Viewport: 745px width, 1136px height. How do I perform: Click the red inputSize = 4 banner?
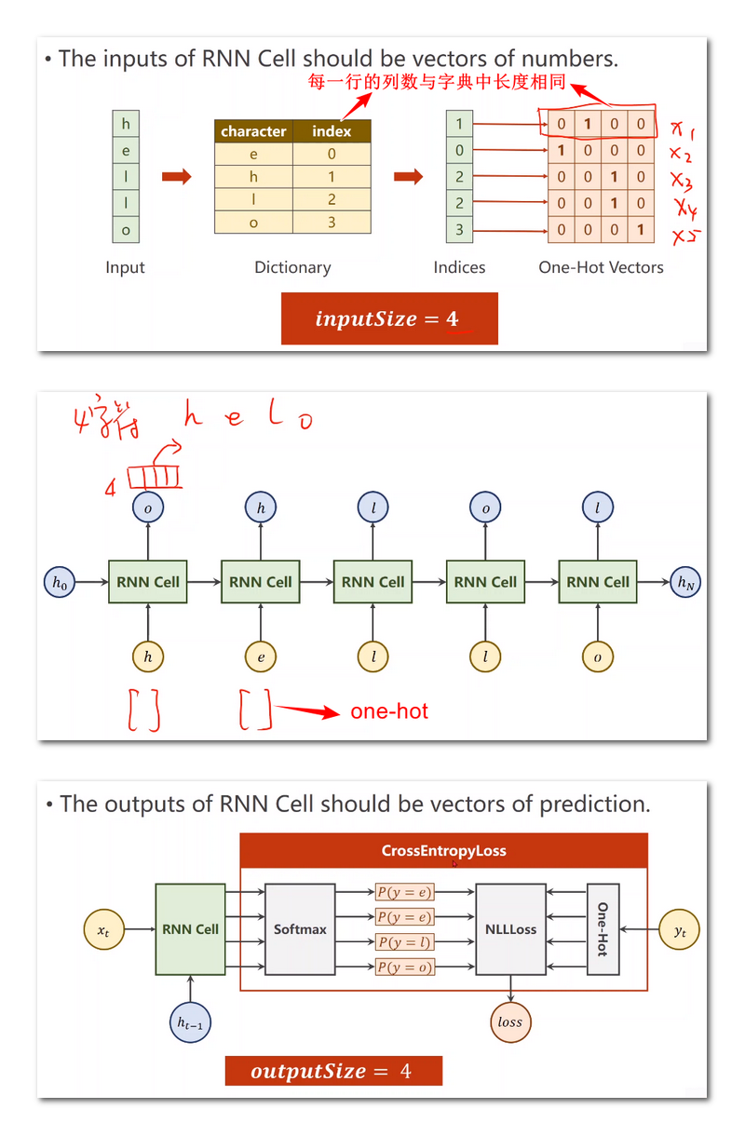(x=389, y=319)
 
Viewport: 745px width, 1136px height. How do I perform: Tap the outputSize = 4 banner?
(x=333, y=1071)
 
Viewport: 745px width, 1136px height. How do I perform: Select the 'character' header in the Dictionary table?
(x=253, y=131)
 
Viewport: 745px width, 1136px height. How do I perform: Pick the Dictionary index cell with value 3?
(x=332, y=223)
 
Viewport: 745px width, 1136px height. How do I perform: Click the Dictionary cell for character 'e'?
(x=253, y=155)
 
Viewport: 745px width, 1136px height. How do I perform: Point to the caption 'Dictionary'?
(x=292, y=267)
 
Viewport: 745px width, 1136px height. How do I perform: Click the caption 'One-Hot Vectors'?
(x=601, y=267)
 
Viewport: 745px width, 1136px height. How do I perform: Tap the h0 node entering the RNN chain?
(x=59, y=583)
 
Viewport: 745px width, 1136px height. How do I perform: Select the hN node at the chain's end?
(x=684, y=583)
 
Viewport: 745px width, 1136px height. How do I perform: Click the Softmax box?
(x=300, y=929)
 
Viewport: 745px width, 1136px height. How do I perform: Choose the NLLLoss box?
(x=510, y=929)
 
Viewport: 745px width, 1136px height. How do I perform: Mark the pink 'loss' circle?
(x=509, y=1021)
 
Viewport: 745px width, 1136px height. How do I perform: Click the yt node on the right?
(x=681, y=929)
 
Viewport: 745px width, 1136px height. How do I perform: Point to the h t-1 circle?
(x=191, y=1022)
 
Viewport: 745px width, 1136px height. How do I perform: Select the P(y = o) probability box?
(x=405, y=967)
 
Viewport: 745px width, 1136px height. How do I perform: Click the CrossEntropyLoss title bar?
(x=443, y=851)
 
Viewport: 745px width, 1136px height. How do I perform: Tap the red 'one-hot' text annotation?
(x=389, y=711)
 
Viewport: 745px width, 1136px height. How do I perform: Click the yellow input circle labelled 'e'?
(x=261, y=656)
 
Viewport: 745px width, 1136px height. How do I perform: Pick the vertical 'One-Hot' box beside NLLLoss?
(x=603, y=929)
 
